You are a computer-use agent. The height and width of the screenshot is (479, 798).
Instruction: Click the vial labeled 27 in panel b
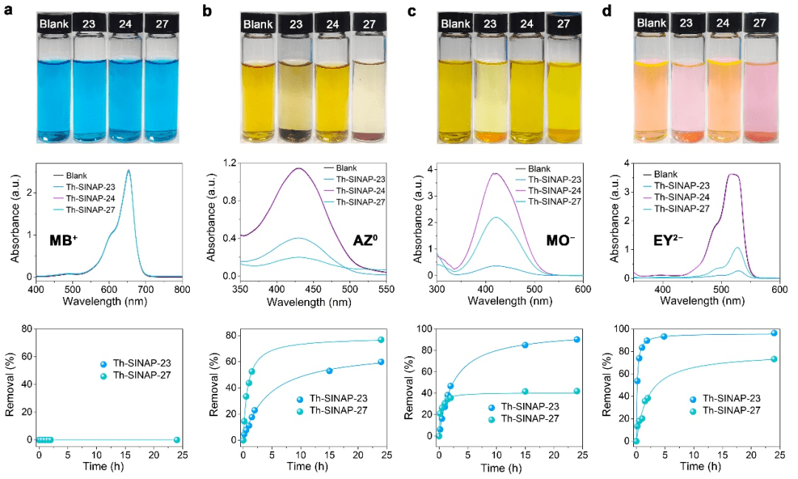click(369, 81)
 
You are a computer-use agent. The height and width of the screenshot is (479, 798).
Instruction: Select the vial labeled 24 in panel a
click(127, 81)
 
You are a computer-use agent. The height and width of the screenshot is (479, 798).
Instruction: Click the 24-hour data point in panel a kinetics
click(177, 440)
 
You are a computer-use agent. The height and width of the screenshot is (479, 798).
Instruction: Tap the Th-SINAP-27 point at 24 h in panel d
click(774, 359)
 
